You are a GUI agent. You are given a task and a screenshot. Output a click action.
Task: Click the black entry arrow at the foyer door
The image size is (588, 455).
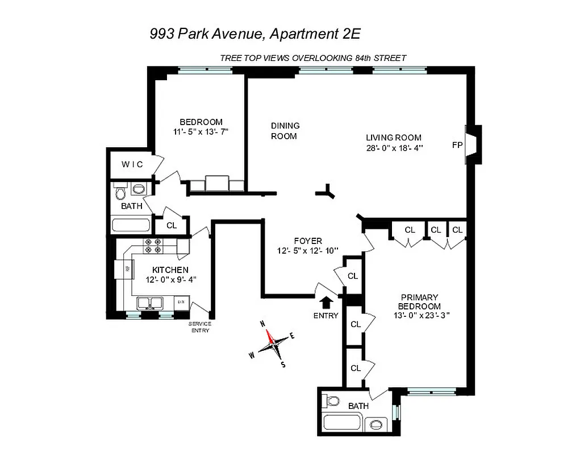pyautogui.click(x=327, y=301)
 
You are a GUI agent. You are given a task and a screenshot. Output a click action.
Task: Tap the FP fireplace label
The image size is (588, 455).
pyautogui.click(x=457, y=145)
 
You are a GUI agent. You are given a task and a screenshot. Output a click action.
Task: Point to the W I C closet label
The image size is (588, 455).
pyautogui.click(x=132, y=164)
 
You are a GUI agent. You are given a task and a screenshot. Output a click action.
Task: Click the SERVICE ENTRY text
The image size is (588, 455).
pyautogui.click(x=200, y=327)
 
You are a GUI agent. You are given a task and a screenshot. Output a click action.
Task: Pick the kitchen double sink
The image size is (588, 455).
pyautogui.click(x=150, y=303)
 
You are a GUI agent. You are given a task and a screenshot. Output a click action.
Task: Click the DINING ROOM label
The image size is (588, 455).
pyautogui.click(x=285, y=131)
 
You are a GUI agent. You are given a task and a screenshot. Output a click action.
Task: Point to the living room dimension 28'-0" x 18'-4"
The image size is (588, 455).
pyautogui.click(x=394, y=148)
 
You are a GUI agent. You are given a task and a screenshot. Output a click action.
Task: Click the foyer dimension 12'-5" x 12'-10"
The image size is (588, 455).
pyautogui.click(x=308, y=250)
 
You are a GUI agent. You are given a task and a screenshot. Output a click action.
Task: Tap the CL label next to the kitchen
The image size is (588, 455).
pyautogui.click(x=172, y=225)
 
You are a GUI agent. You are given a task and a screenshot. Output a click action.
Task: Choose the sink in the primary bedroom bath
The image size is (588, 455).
pyautogui.click(x=376, y=424)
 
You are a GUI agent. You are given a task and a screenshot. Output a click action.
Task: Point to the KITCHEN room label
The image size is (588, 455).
pyautogui.click(x=170, y=270)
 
